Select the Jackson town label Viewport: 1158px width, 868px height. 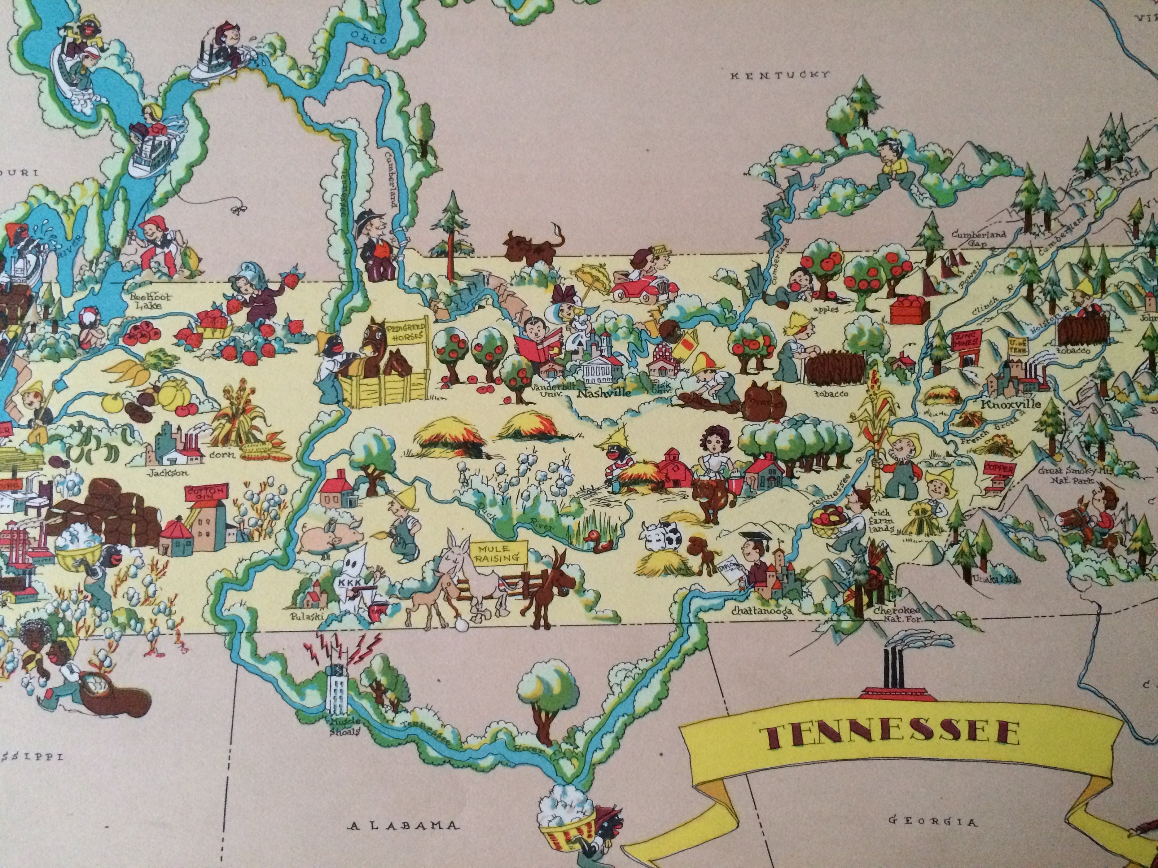coord(168,473)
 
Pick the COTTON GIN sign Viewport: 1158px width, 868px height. coord(206,493)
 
